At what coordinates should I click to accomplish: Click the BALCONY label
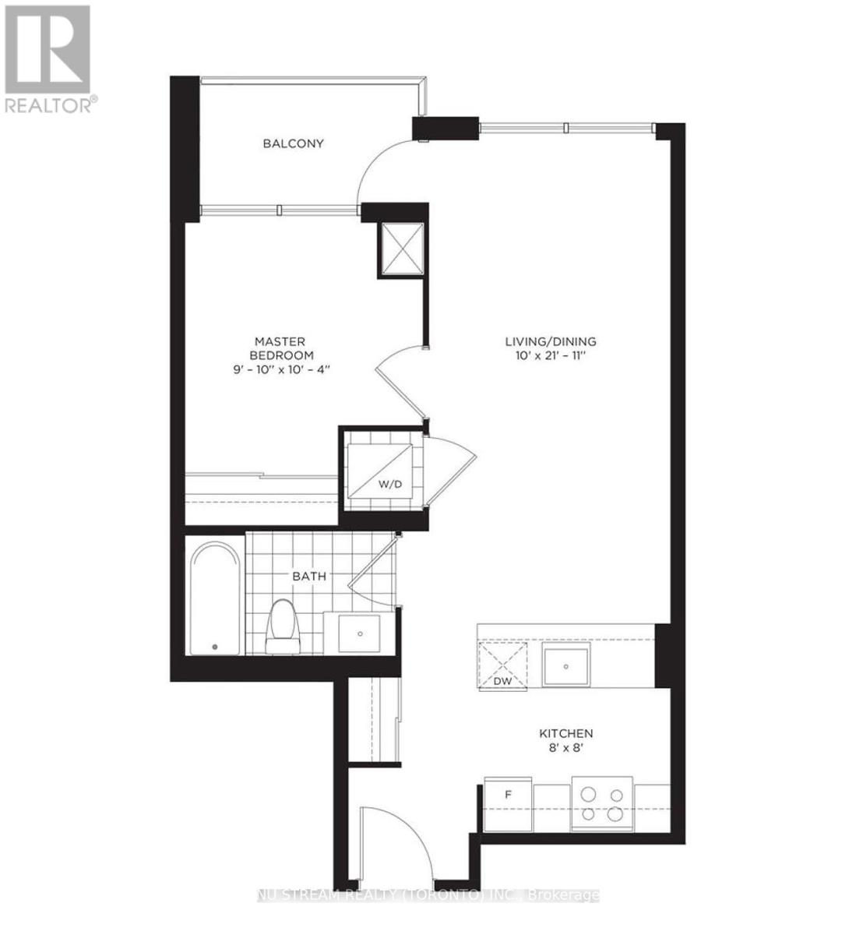tap(293, 143)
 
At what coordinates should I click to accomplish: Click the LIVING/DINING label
tap(551, 341)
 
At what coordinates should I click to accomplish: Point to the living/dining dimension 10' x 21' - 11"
tap(551, 355)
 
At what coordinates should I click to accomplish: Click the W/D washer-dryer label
tap(390, 485)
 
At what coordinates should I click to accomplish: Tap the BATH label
tap(308, 577)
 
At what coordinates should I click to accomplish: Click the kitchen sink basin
tap(566, 665)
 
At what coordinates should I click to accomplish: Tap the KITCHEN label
tap(566, 733)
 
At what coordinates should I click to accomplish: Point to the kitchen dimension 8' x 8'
tap(566, 748)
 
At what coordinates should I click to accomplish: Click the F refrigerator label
tap(508, 795)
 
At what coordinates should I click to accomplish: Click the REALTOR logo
tap(49, 58)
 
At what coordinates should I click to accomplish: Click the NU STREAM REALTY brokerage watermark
tap(428, 895)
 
